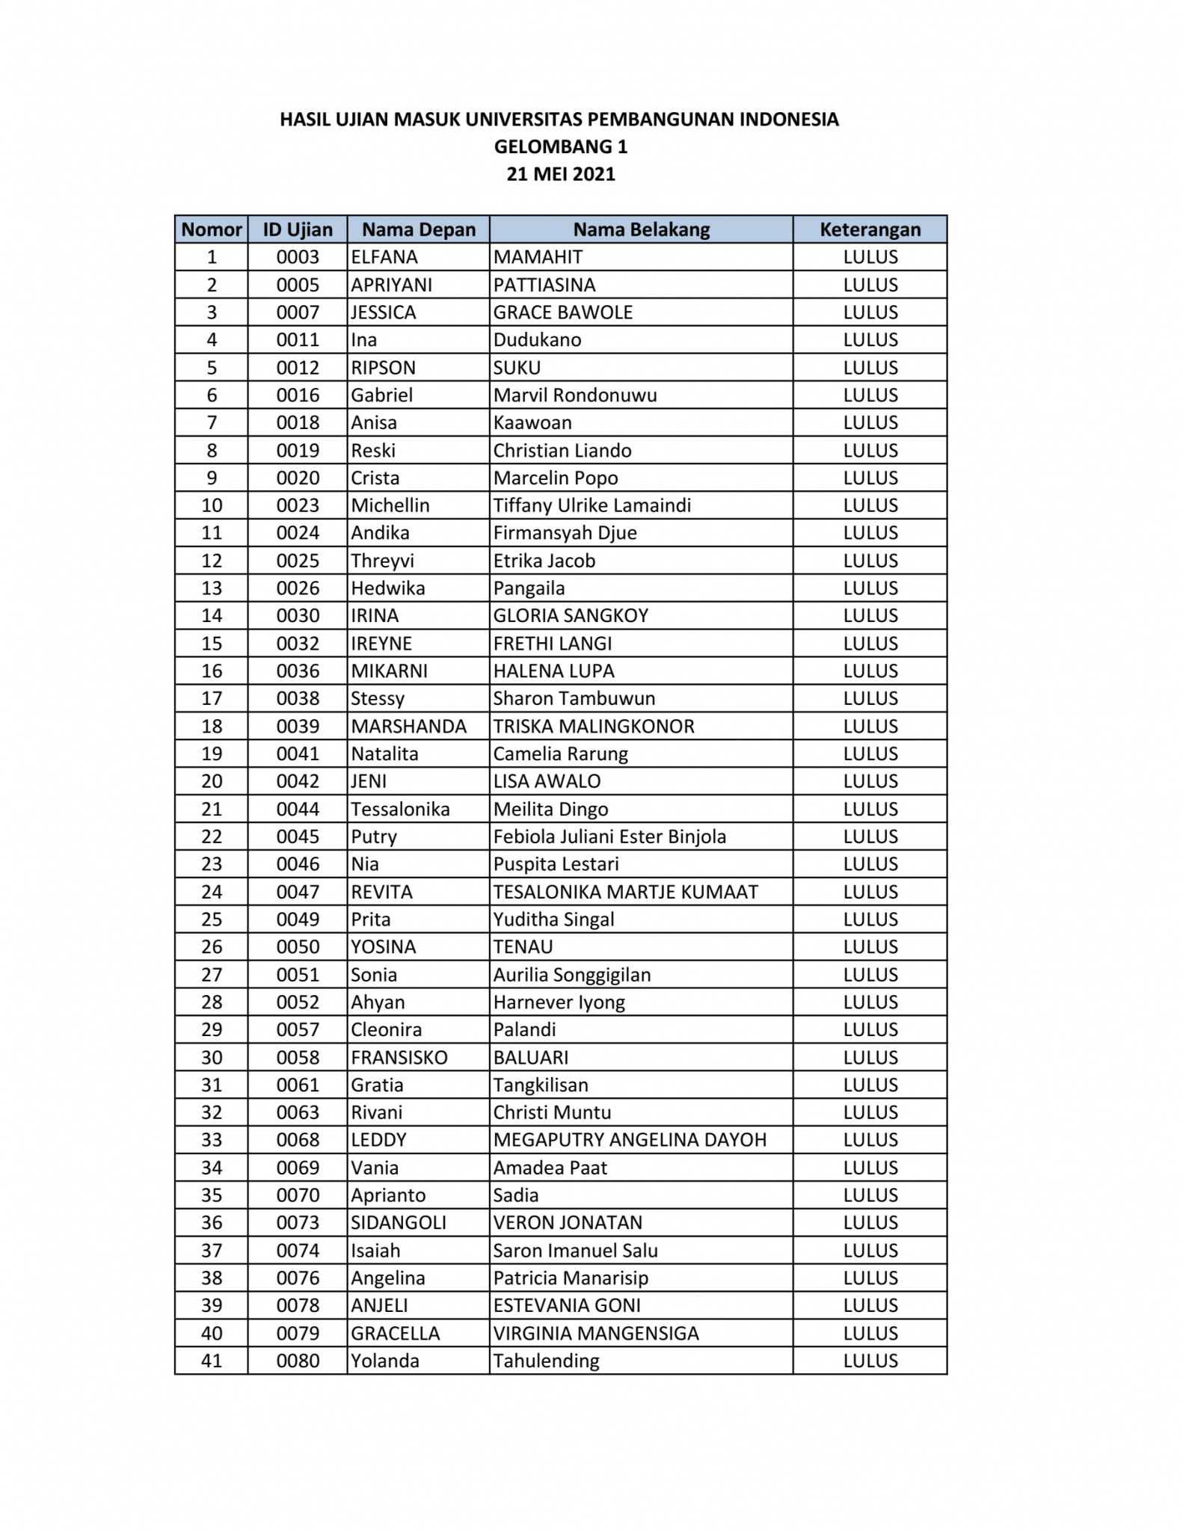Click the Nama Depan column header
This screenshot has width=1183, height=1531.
click(x=419, y=230)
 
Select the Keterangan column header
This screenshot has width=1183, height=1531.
click(x=870, y=230)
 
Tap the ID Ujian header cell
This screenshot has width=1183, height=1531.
click(x=298, y=230)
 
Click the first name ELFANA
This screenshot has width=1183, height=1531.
click(x=384, y=257)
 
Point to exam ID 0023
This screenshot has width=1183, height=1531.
click(x=298, y=505)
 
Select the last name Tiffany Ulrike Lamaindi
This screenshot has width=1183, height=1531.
click(x=591, y=505)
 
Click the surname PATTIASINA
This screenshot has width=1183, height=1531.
click(x=544, y=285)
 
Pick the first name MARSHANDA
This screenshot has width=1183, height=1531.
click(x=409, y=726)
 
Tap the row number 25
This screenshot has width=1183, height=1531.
click(x=212, y=919)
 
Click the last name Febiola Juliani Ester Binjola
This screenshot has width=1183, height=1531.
click(x=609, y=837)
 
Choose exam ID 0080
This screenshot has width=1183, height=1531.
click(x=298, y=1361)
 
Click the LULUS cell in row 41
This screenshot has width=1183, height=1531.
click(x=870, y=1361)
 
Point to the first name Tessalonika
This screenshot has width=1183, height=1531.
click(x=401, y=809)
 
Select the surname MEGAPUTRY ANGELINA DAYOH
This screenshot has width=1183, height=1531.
click(x=630, y=1140)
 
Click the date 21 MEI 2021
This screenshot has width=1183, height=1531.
click(x=561, y=174)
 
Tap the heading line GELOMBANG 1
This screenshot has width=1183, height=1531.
click(x=561, y=147)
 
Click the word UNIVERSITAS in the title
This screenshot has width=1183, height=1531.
click(x=523, y=120)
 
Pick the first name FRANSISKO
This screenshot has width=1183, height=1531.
click(x=399, y=1057)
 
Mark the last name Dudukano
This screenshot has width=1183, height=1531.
click(x=537, y=340)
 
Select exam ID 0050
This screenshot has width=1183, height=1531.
click(x=298, y=946)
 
